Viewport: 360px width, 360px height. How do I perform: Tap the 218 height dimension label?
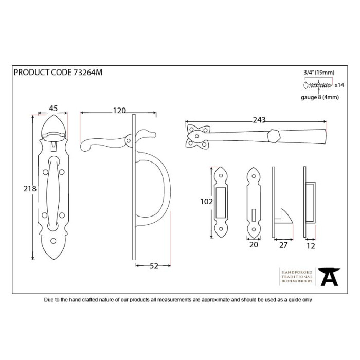pyautogui.click(x=30, y=189)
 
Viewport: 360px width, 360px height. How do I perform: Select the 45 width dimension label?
pyautogui.click(x=53, y=109)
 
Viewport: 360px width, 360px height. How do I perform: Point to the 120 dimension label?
pyautogui.click(x=119, y=110)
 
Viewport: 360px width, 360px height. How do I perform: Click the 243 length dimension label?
pyautogui.click(x=259, y=120)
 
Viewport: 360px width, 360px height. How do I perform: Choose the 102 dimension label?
pyautogui.click(x=206, y=202)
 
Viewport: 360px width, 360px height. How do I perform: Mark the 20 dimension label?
pyautogui.click(x=253, y=245)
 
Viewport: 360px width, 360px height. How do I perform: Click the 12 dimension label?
pyautogui.click(x=311, y=245)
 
